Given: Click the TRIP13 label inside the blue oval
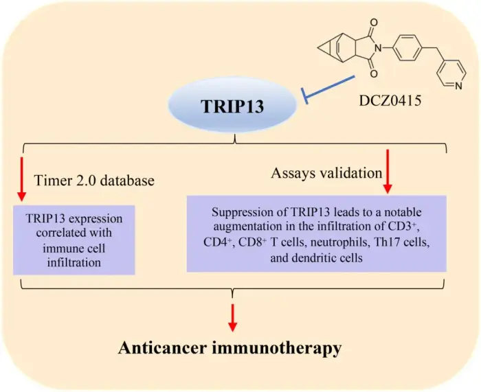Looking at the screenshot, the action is pyautogui.click(x=232, y=106).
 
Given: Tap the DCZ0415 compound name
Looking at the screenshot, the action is pyautogui.click(x=390, y=100).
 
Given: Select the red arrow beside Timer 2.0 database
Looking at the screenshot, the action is pyautogui.click(x=21, y=179).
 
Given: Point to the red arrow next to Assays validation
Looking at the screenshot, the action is pyautogui.click(x=388, y=172).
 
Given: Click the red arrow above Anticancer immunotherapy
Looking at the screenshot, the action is pyautogui.click(x=233, y=318).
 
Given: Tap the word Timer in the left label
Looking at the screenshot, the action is pyautogui.click(x=52, y=181).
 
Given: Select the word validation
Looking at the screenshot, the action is pyautogui.click(x=351, y=173).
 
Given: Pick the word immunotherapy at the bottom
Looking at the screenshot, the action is pyautogui.click(x=276, y=349).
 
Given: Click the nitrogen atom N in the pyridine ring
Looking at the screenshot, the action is pyautogui.click(x=458, y=86).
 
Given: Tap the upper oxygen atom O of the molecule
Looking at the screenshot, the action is pyautogui.click(x=374, y=23).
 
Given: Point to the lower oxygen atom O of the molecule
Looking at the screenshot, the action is pyautogui.click(x=374, y=73).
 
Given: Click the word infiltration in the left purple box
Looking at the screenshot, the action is pyautogui.click(x=74, y=262).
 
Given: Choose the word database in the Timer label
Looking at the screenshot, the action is pyautogui.click(x=127, y=181).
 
